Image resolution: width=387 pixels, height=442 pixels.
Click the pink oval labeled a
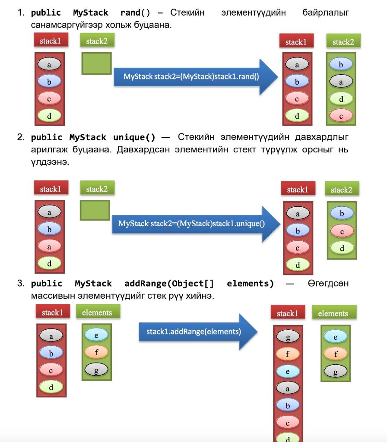tap(49, 246)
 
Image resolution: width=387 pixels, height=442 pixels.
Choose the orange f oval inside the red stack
tap(288, 354)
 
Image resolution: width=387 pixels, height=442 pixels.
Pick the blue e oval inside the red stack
tap(288, 371)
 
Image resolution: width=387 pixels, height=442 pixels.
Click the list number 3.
tap(20, 284)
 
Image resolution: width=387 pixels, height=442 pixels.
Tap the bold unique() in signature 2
tap(134, 138)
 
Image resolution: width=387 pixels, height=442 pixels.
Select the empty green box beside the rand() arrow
tap(96, 63)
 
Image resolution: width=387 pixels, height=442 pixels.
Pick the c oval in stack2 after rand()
tap(341, 116)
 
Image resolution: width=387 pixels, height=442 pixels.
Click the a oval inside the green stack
tap(341, 82)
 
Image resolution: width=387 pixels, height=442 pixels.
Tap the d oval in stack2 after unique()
tap(342, 248)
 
